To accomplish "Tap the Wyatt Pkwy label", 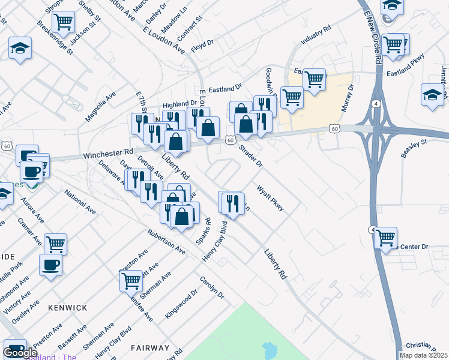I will point(270,197).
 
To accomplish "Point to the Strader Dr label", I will point(251,155).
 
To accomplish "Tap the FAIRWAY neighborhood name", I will point(150,348).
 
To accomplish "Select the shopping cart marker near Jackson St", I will point(63,22).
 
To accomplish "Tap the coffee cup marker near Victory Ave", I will point(50,265).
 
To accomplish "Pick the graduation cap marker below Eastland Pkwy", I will point(432,94).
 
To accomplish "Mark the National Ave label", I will point(80,202).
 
